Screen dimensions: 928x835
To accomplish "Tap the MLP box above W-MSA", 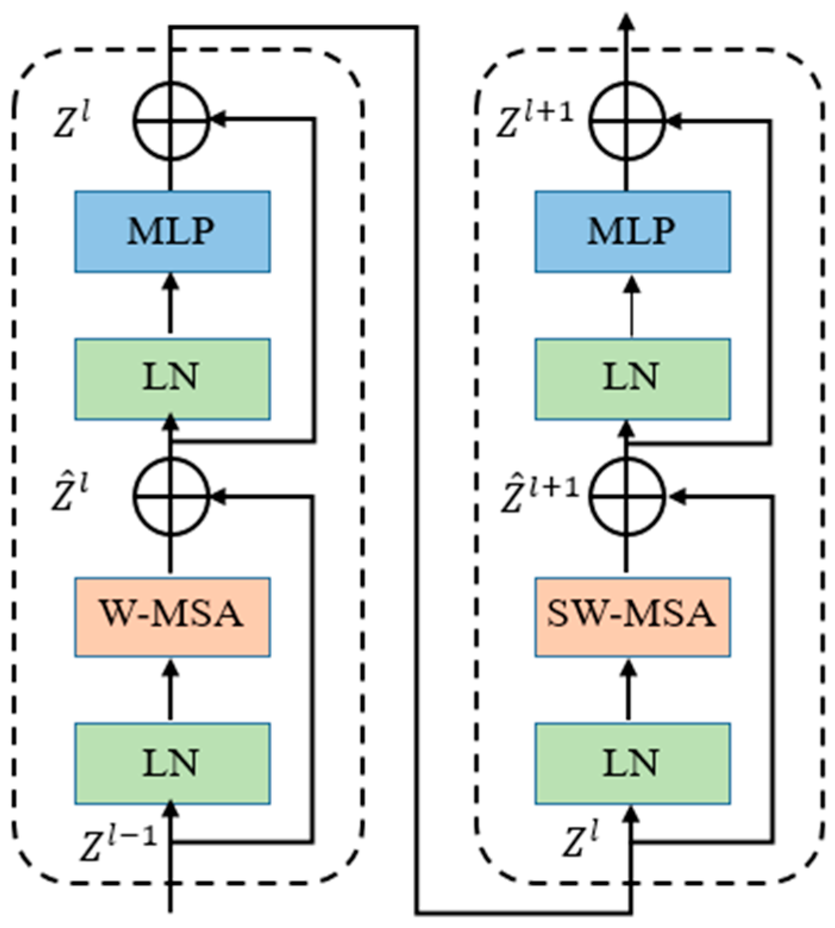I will tap(172, 231).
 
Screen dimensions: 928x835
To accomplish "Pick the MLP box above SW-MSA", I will tap(632, 231).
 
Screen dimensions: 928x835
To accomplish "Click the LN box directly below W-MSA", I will tap(172, 763).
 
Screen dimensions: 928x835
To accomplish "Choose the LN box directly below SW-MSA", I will tap(632, 763).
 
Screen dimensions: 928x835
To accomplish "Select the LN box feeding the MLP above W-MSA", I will tap(172, 379).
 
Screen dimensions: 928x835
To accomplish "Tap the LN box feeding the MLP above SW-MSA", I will tap(632, 379).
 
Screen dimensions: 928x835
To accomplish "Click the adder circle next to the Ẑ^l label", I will tap(171, 496).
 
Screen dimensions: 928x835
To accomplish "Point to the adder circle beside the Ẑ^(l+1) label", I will tap(628, 496).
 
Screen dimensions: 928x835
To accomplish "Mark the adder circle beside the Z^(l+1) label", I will tap(628, 121).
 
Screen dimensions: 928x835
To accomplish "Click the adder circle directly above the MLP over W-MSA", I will tap(171, 121).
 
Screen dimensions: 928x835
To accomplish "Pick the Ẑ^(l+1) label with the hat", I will tap(538, 495).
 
